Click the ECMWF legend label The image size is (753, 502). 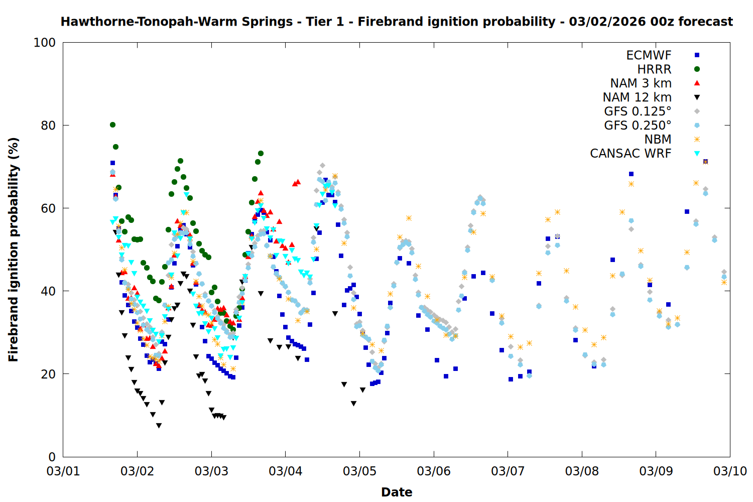pos(649,55)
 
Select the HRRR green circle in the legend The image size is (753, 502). pos(697,69)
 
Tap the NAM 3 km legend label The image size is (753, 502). pos(641,83)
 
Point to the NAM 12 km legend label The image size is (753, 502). pos(637,97)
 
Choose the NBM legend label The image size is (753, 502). pos(658,140)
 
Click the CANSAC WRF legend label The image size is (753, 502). pos(631,154)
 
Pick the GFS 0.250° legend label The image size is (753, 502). pos(638,125)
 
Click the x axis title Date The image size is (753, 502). pos(397,492)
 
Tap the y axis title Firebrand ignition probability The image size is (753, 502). pos(13,249)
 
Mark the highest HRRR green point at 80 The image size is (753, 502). pos(112,124)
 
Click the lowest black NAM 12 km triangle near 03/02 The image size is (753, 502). pos(159,426)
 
